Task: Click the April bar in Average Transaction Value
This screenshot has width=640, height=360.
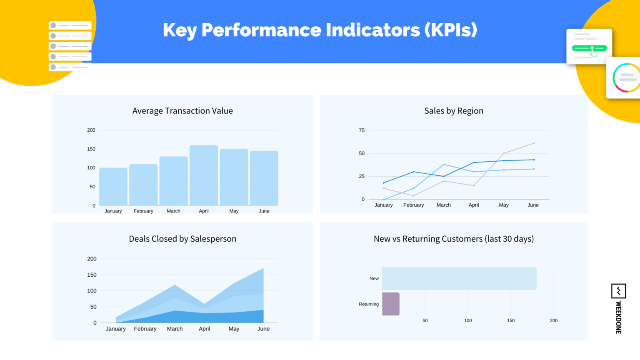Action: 204,175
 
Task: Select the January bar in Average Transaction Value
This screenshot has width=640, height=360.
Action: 113,187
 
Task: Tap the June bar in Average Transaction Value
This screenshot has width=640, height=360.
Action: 264,178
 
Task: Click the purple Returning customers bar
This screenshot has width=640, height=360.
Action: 391,304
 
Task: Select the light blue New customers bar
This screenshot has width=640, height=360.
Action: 459,278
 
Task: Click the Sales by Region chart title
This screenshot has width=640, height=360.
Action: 454,111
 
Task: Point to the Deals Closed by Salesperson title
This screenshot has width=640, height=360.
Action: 182,239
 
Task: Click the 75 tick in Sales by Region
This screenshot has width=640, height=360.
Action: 362,130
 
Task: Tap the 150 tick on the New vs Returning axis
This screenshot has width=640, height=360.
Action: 511,320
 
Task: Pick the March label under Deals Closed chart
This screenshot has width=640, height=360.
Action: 175,329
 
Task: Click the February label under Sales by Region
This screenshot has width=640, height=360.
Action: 413,205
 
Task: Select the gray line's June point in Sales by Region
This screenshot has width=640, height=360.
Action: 534,143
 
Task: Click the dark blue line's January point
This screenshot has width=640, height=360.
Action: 384,183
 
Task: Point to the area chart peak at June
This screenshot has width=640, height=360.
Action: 263,269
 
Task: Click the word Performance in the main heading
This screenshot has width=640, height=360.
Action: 262,30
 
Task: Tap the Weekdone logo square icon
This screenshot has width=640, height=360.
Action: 618,291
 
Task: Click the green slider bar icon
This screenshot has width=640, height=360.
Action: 589,48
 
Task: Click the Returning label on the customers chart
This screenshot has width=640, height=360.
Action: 369,304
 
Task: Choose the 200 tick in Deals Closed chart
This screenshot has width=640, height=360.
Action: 92,259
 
